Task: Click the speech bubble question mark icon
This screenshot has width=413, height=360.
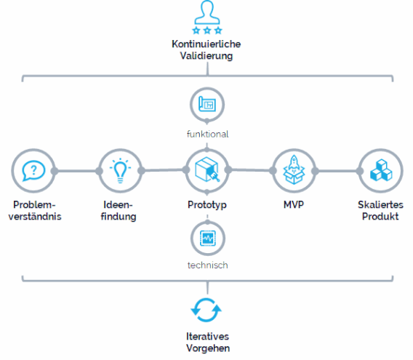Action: pos(33,171)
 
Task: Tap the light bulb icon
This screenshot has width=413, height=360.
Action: pos(120,171)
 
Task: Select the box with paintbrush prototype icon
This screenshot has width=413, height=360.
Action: pos(207,169)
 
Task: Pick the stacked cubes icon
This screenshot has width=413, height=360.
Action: pos(381,170)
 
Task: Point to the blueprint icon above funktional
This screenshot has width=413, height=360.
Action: pos(207,104)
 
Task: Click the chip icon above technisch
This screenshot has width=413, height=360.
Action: pos(208,239)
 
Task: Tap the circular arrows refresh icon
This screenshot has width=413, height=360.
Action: pos(206,311)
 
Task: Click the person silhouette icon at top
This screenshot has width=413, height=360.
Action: pos(207,12)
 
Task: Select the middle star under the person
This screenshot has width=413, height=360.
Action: pos(207,31)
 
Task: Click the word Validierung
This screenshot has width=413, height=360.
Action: pos(206,56)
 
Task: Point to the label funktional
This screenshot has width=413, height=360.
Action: pos(207,134)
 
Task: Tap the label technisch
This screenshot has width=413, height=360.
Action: pos(207,265)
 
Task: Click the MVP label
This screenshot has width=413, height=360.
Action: pos(294,204)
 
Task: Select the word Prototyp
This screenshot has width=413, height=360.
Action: pos(207,205)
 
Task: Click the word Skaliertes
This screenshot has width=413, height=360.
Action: pos(380,205)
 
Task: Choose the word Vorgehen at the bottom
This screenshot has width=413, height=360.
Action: pos(208,348)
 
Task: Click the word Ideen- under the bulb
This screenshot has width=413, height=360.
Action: pos(118,205)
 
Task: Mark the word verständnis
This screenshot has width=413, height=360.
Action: pos(35,217)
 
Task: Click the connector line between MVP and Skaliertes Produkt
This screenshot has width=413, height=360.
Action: pos(337,171)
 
